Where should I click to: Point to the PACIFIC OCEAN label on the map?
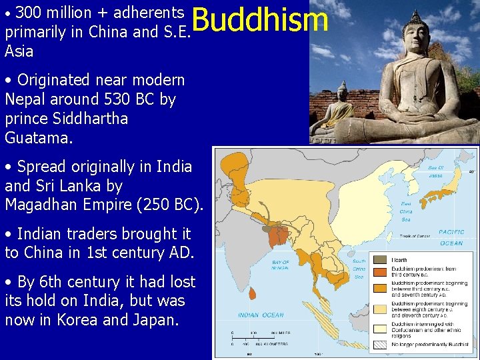point(451,237)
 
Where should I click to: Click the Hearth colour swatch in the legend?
point(379,259)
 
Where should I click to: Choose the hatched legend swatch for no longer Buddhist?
point(379,345)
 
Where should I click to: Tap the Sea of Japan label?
point(435,171)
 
